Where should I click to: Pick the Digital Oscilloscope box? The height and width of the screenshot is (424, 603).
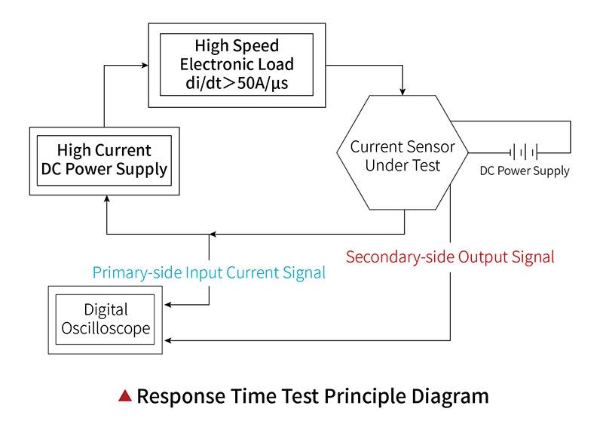click(106, 319)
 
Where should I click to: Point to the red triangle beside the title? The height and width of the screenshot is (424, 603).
click(125, 395)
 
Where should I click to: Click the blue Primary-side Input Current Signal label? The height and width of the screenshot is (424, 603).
click(209, 272)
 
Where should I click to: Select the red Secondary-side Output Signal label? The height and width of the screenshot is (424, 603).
click(450, 257)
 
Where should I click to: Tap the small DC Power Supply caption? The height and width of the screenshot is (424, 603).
click(525, 171)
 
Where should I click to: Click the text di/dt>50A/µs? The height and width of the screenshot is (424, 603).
click(237, 83)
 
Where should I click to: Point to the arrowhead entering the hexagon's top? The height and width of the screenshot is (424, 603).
click(403, 91)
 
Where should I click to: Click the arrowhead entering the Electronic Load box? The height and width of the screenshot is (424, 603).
click(143, 66)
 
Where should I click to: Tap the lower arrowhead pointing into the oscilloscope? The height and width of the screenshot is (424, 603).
click(168, 341)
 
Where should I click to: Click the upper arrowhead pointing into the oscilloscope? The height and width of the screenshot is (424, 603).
click(168, 305)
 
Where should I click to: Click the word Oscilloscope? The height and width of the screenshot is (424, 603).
click(106, 329)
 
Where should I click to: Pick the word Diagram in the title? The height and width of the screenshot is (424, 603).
click(454, 395)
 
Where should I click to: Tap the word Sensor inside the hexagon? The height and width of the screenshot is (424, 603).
click(428, 146)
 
